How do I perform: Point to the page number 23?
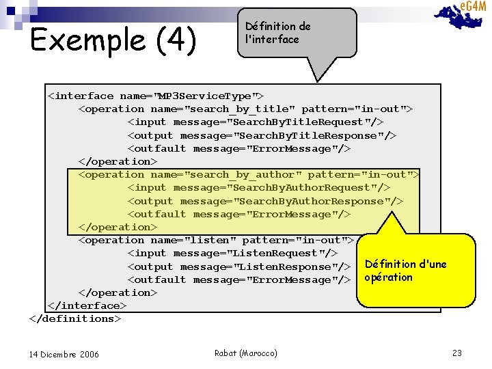[457, 353]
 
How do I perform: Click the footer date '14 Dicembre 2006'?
[64, 354]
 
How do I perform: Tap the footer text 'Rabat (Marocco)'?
[246, 353]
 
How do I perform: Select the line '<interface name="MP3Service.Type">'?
[156, 96]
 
